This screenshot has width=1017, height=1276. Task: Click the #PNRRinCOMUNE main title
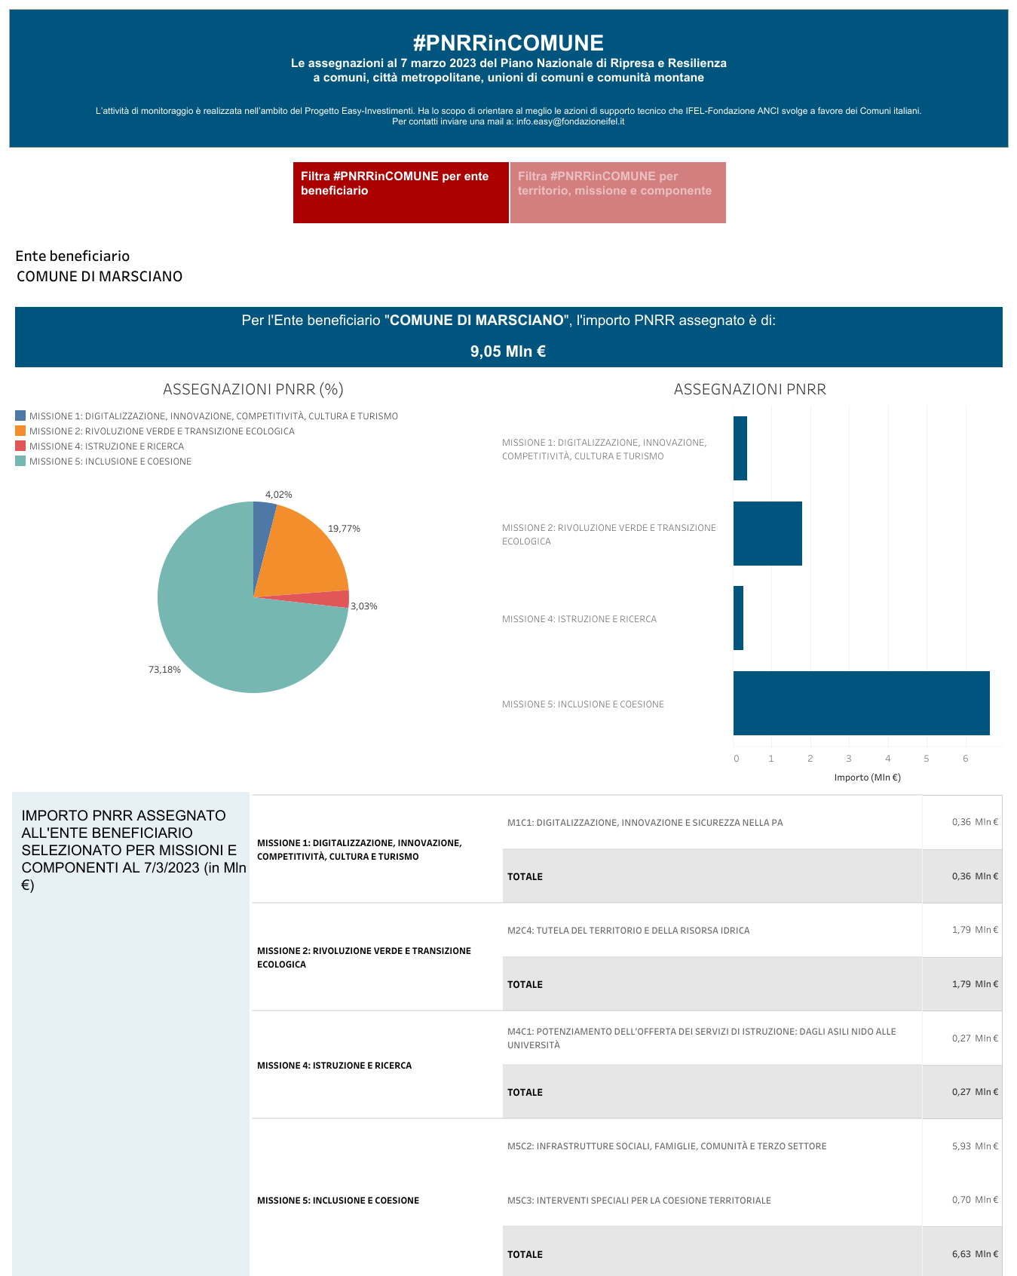508,43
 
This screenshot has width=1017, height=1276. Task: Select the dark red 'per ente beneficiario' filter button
401,192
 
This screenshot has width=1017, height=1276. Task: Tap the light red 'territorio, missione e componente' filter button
618,192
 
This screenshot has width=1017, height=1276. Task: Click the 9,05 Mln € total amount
508,351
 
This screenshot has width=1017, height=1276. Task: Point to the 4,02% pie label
279,495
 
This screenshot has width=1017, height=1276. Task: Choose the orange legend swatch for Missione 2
20,431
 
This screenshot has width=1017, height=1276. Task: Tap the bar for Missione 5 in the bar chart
862,703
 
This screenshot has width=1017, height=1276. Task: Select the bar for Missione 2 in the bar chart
767,533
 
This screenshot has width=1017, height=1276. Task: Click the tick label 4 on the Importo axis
888,759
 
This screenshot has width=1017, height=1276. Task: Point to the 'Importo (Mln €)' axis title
868,778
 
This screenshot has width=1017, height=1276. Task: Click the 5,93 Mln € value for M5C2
976,1146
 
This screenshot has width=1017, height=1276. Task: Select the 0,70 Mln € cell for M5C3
976,1200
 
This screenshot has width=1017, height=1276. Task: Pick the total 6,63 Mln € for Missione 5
976,1254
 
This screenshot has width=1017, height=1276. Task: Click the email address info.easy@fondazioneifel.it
570,121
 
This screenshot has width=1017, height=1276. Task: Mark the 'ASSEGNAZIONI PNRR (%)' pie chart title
253,389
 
